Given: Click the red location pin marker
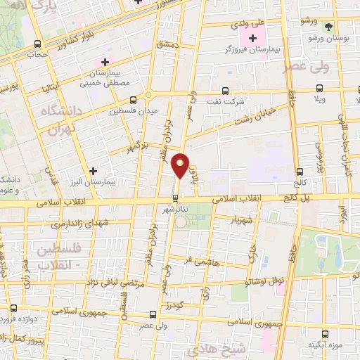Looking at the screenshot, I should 181,165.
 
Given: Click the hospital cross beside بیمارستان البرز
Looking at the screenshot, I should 93,171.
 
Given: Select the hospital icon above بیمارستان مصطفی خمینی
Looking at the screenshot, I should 105,62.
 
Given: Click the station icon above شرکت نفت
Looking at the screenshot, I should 224,90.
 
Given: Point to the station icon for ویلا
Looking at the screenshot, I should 320,89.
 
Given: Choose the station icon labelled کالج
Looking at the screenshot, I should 300,172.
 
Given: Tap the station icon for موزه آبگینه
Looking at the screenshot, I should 324,334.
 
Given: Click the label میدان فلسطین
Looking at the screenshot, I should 138,110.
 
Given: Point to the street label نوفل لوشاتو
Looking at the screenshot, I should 279,281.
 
